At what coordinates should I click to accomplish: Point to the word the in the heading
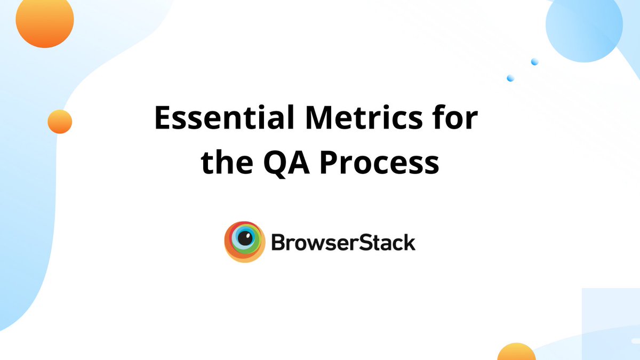pos(226,163)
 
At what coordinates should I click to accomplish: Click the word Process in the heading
pos(379,163)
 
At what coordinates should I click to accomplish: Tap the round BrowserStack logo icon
pos(244,242)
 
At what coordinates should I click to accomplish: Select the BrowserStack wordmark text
pos(343,243)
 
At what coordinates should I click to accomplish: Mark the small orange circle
pos(60,122)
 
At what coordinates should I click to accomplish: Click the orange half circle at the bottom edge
pos(516,353)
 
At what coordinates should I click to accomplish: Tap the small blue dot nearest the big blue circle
pos(534,62)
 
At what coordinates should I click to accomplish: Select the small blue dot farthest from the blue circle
pos(510,78)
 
